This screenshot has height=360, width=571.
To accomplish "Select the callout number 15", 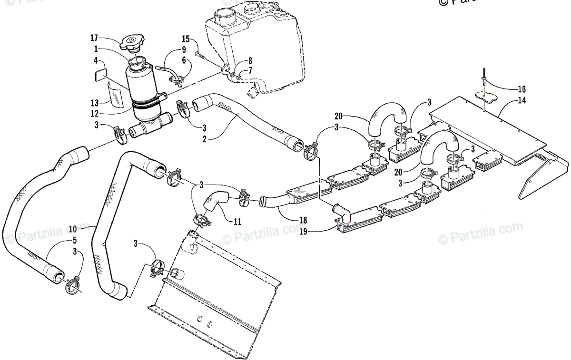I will click(x=186, y=38).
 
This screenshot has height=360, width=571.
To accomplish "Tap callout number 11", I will click(x=237, y=221).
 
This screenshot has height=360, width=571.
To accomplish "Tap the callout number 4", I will click(x=95, y=61).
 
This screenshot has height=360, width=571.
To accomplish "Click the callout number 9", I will click(x=183, y=50).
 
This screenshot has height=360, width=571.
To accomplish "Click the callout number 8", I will click(x=249, y=61).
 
